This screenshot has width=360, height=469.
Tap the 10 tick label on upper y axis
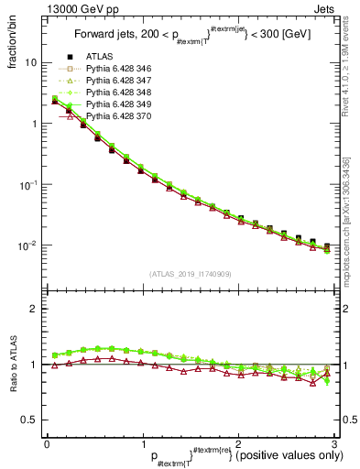(x=30, y=63)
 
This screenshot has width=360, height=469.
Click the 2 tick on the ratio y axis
(x=33, y=310)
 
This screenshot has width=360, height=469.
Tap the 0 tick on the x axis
(x=46, y=444)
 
